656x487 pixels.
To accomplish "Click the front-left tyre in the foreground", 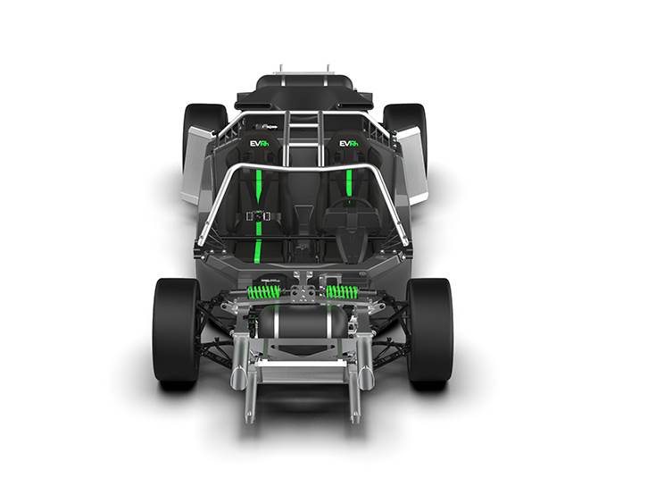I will click(x=176, y=331).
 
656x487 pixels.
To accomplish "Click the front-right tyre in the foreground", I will click(x=429, y=331).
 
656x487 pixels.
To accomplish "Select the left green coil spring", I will click(x=263, y=291).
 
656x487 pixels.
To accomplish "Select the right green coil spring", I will click(x=342, y=291).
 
